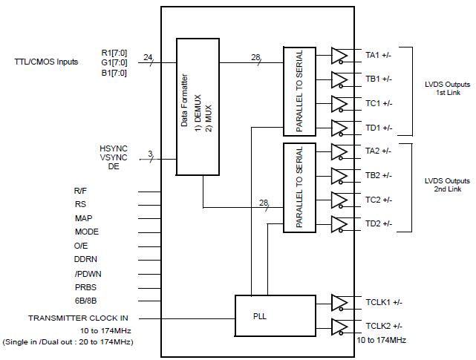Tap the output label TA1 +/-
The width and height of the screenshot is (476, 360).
379,55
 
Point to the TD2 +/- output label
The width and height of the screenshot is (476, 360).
379,223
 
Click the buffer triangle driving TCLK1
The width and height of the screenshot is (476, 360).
339,303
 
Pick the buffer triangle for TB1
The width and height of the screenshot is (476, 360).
339,79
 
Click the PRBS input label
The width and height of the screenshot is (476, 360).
86,287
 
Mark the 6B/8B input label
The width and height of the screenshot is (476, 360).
86,301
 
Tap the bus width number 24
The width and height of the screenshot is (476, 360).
148,57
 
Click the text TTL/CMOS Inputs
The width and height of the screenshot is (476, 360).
46,62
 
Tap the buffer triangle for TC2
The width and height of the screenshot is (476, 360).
339,200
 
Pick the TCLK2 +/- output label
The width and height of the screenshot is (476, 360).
383,326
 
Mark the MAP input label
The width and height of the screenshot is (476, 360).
84,218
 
